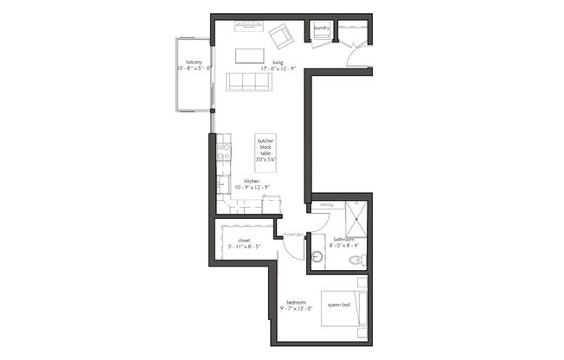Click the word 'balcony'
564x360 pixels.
point(194,61)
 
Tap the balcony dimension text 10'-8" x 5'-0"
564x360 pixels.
point(194,67)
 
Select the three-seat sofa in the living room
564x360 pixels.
point(249,82)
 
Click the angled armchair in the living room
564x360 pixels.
point(280,35)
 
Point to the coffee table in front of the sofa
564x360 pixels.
point(249,55)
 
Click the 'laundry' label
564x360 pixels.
point(322,29)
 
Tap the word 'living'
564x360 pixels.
point(278,62)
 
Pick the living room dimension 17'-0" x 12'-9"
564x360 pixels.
point(279,68)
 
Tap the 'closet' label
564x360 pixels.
point(244,240)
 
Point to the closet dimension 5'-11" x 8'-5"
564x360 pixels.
point(244,247)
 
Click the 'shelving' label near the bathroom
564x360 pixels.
point(327,205)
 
